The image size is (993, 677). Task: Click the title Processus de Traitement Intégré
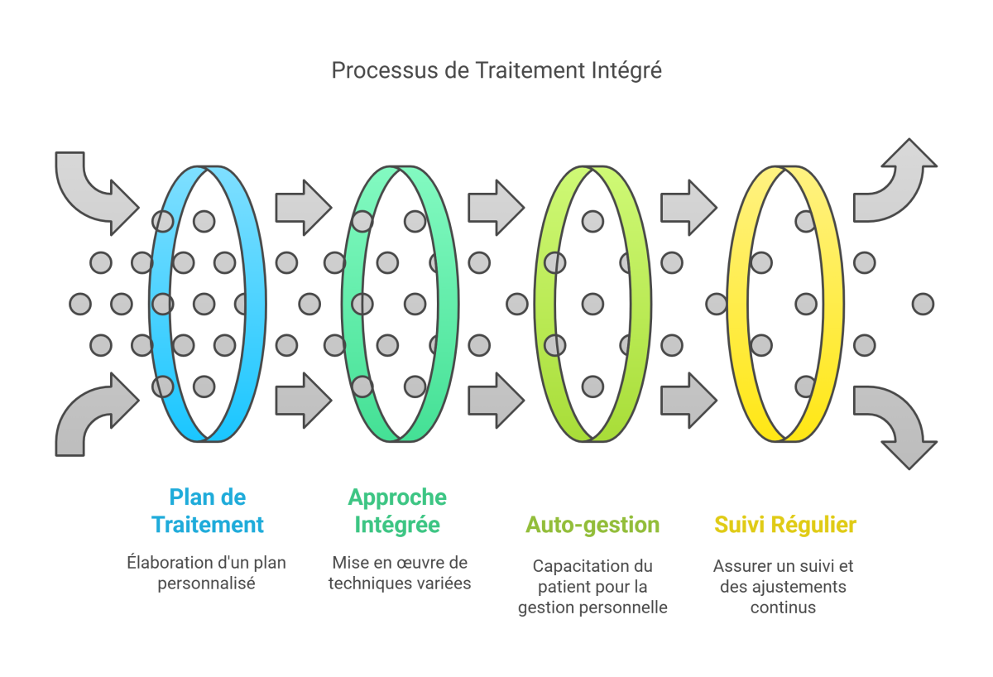pos(496,70)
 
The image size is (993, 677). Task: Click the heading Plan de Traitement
pos(208,511)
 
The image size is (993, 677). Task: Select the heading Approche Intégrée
pos(397,511)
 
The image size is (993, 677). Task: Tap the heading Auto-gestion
pos(592,525)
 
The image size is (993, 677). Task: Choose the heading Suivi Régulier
pos(784,525)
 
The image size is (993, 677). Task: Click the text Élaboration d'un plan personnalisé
pos(207,573)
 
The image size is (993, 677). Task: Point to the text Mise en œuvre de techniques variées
pos(400,573)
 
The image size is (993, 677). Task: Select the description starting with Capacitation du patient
pos(592,587)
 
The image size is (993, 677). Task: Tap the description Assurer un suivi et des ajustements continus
pos(784,587)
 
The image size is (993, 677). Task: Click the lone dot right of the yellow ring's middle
pos(923,304)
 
